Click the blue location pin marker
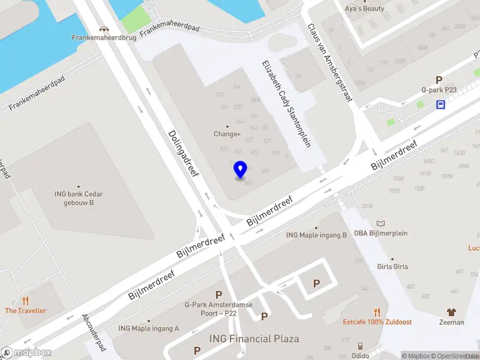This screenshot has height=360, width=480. [240, 170]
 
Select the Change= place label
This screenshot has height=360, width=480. [227, 134]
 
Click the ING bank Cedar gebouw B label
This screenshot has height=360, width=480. [78, 197]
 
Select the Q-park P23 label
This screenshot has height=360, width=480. [439, 89]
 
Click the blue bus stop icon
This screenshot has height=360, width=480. [441, 105]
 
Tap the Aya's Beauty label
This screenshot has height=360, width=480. [364, 8]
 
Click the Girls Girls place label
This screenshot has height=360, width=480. [392, 266]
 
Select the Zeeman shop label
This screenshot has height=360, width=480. [451, 322]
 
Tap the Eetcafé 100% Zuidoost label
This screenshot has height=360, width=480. [377, 322]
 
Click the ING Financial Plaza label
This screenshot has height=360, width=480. [254, 339]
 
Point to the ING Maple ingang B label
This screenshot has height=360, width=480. [316, 235]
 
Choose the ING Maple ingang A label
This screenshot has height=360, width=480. [149, 328]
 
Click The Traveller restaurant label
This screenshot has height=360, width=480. [25, 310]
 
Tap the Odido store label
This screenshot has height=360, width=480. [360, 354]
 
